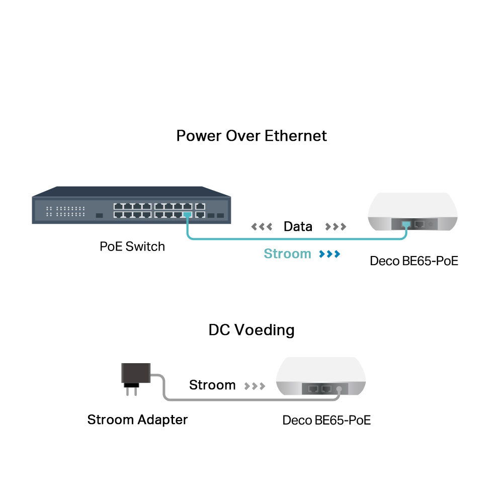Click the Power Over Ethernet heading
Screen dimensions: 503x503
251,136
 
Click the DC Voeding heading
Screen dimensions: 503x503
251,330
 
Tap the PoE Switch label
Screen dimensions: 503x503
132,246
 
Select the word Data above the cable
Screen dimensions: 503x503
298,226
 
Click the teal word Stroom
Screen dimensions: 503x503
287,254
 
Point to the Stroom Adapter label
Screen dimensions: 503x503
137,420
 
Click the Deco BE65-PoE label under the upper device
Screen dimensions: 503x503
414,261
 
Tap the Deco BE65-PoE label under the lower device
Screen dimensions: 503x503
326,420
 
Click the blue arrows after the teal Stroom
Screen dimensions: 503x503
329,254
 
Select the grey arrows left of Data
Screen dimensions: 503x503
262,227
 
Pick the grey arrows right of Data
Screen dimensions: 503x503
336,227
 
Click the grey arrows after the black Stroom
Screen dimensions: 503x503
255,386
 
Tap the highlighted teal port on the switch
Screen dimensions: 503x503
188,214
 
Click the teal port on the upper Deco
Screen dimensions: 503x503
406,224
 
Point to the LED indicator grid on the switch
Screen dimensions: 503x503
65,211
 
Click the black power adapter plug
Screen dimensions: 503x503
136,373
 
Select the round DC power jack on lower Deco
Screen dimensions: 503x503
339,389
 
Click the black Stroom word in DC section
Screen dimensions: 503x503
212,385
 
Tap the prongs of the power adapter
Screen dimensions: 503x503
131,391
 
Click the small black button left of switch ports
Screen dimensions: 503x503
100,216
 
